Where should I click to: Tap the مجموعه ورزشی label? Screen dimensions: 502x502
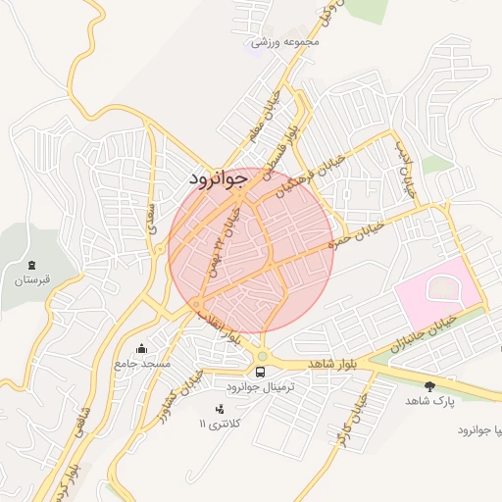(286, 42)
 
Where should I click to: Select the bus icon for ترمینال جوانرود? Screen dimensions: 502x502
(261, 372)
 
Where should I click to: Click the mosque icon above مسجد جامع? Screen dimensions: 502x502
(142, 348)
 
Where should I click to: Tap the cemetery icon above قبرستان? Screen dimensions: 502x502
(32, 266)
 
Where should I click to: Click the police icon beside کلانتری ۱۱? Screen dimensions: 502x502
(219, 408)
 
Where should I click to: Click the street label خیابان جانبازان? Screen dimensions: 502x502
(424, 333)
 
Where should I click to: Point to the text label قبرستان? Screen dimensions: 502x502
(31, 281)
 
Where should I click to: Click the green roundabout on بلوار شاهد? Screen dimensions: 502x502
(262, 356)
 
